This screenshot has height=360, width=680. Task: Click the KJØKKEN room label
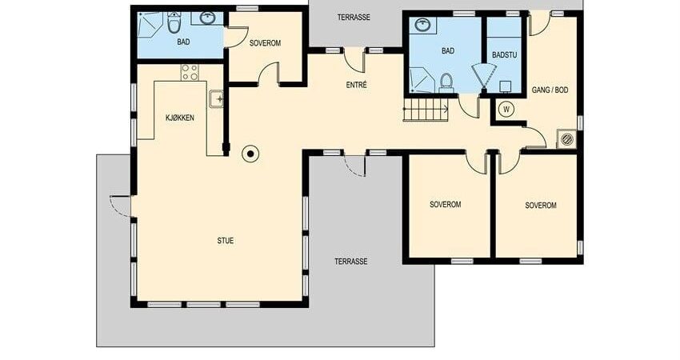pos(179,118)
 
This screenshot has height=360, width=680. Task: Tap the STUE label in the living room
pos(225,241)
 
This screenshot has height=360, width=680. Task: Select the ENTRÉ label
pos(357,85)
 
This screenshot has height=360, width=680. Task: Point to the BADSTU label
pos(505,55)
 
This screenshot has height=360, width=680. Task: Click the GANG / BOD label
pos(550,90)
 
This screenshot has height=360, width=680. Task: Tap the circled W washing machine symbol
pos(506,110)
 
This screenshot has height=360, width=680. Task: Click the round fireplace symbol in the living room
pos(250,153)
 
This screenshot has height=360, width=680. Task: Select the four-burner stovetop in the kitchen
pos(190,73)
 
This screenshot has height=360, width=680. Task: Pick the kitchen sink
pos(216,99)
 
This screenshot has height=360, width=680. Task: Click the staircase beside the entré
pos(426,109)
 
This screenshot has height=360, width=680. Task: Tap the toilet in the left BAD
pos(174,23)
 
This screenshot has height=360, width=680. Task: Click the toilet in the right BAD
pos(446,83)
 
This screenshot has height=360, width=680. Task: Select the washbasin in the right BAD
pos(422,24)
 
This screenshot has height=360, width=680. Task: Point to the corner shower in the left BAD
pos(149,25)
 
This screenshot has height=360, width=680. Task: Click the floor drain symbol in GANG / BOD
pos(567,139)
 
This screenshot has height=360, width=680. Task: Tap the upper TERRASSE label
pos(354,18)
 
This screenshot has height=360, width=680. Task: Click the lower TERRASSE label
pos(351,262)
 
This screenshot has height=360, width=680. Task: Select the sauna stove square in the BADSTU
pos(506,86)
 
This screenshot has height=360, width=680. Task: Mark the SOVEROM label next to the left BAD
pos(265,43)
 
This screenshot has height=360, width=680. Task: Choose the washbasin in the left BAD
pos(209,18)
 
